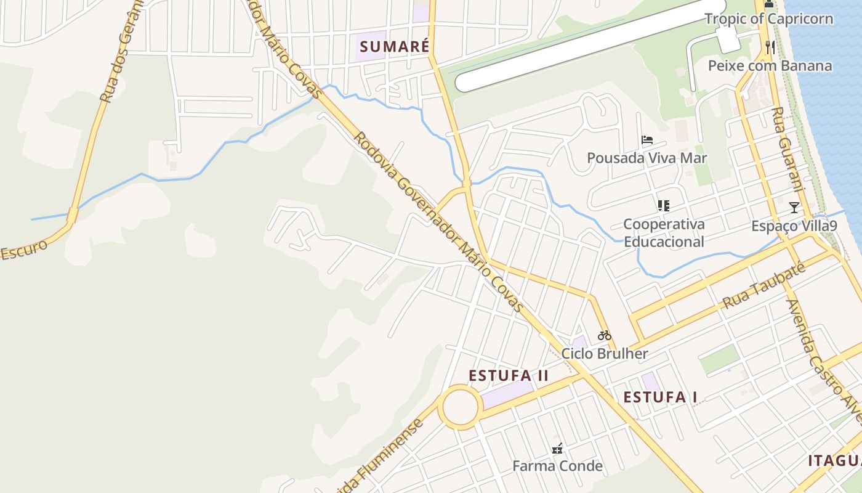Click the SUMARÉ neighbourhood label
393,47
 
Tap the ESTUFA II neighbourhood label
509,376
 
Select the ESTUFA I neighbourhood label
660,397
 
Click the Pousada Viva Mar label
647,158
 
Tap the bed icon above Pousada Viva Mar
647,140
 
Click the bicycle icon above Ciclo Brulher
605,336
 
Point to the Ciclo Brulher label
605,354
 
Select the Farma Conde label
557,466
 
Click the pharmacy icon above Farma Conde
557,449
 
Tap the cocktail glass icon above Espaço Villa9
794,208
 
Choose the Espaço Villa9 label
794,226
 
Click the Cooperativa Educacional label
664,233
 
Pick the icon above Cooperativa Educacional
663,206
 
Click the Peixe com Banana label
770,66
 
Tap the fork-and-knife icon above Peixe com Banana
770,47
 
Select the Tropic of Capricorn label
768,18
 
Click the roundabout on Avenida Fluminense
461,407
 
